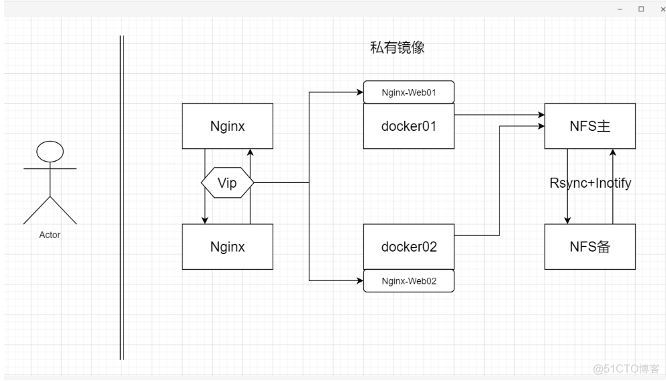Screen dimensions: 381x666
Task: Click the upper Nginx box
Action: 228,125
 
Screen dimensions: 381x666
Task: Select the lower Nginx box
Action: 228,246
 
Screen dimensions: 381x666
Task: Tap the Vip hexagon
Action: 228,183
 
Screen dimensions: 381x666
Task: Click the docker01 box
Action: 409,125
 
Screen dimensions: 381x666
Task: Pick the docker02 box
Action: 409,246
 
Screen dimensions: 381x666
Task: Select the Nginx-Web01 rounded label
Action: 409,93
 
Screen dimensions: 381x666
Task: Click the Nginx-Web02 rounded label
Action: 409,281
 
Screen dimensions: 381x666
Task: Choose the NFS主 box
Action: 589,125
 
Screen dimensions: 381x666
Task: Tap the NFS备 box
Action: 589,246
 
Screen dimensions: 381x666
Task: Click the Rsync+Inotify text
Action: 591,182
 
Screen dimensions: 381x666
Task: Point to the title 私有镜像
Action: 397,48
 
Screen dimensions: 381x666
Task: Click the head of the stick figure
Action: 50,152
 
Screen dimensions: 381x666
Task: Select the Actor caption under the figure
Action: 50,235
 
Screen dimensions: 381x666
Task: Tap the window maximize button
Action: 640,9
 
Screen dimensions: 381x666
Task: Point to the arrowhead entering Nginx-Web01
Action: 360,93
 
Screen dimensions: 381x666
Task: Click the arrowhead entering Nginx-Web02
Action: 360,280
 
